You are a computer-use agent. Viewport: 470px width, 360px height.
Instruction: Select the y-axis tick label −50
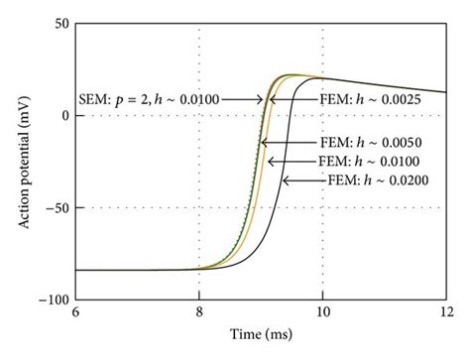(57, 208)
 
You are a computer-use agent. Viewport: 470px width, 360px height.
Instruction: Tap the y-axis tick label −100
(54, 300)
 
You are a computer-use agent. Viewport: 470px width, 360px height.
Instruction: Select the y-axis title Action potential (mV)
(22, 161)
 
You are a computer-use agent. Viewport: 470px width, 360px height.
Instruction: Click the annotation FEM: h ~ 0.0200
(372, 180)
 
